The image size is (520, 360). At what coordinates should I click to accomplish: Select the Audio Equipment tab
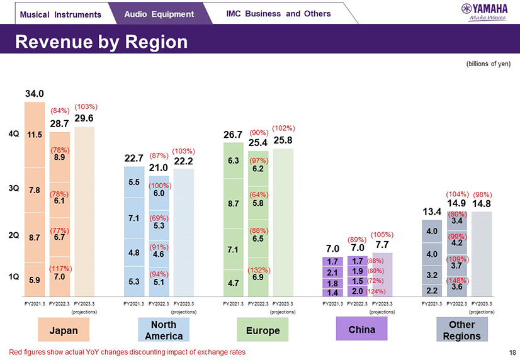coord(159,14)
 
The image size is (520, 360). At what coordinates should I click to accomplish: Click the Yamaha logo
coord(484,11)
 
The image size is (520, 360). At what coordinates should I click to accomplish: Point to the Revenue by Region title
coord(101,42)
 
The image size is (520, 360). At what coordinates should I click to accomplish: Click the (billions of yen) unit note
coord(488,64)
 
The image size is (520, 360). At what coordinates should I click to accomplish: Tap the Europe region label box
coord(262,330)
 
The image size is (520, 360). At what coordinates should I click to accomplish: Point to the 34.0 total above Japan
coord(35,93)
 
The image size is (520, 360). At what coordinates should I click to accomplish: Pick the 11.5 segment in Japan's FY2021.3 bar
coord(35,134)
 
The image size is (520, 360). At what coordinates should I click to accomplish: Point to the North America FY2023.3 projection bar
coord(183,233)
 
